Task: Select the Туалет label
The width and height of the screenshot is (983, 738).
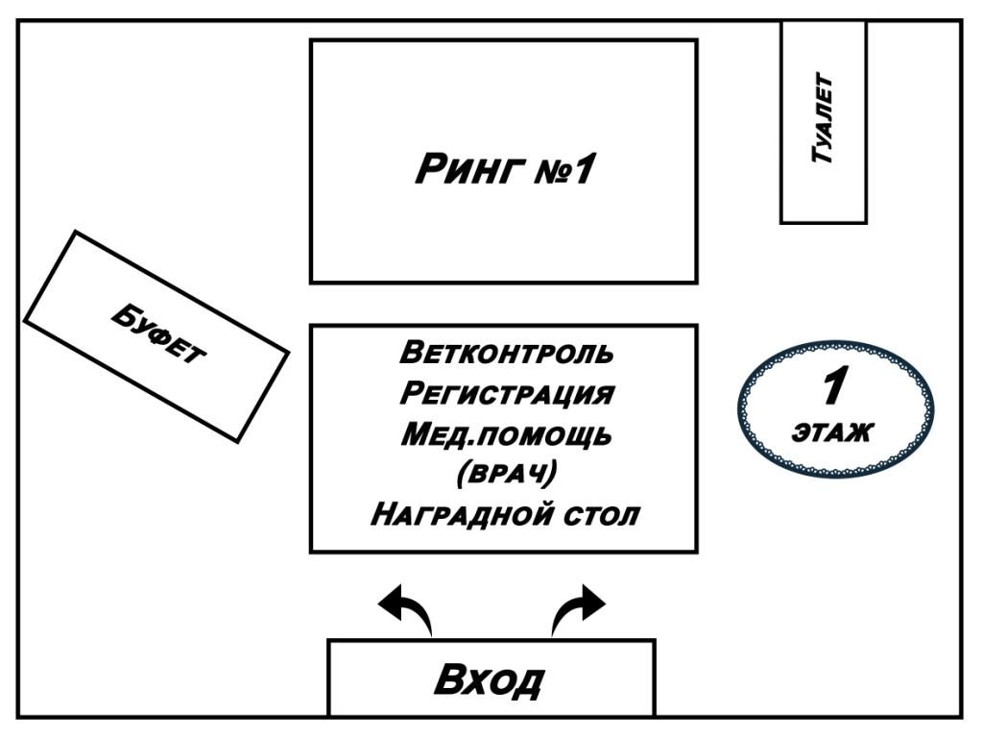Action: pos(823,119)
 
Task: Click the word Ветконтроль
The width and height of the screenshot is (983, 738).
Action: pos(506,352)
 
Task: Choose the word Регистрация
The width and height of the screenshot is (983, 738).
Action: pos(506,394)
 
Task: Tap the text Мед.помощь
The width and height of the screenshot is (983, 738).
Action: pos(506,435)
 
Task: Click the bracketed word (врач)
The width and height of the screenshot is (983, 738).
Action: pos(506,475)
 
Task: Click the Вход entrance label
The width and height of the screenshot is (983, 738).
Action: pos(489,678)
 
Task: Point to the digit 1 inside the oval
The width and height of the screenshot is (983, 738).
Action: pos(833,387)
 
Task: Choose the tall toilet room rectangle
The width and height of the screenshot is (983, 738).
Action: pos(823,192)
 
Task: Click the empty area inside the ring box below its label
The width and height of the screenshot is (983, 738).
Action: pos(503,240)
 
